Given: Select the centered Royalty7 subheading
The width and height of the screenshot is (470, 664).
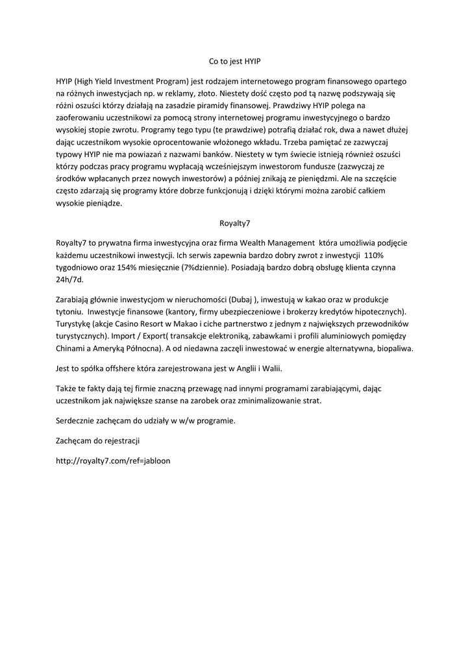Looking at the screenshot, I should (234, 224).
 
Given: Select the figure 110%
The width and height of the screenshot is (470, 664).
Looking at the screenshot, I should (375, 255).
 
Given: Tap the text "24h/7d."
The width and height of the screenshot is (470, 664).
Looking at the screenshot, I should (70, 279).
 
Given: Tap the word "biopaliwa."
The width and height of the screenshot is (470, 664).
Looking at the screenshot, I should (391, 348).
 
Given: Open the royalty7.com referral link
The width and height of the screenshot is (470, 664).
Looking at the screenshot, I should (114, 462).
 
